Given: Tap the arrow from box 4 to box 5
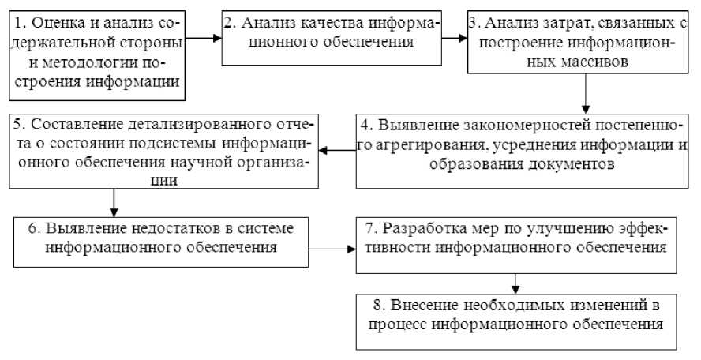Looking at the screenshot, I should (339, 148).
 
